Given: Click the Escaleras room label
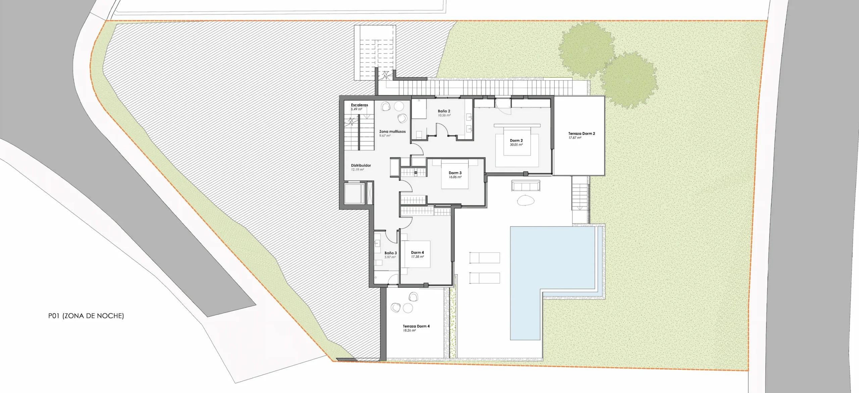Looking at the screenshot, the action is pyautogui.click(x=359, y=105).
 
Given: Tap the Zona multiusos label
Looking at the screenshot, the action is pyautogui.click(x=392, y=131).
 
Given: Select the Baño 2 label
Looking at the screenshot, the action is pyautogui.click(x=444, y=111).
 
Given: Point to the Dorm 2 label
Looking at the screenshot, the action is pyautogui.click(x=516, y=141).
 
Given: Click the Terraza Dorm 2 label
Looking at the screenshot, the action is pyautogui.click(x=582, y=133).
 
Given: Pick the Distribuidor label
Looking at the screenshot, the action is pyautogui.click(x=361, y=165).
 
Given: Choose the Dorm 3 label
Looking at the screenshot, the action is pyautogui.click(x=455, y=173).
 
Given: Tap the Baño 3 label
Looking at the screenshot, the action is pyautogui.click(x=391, y=253).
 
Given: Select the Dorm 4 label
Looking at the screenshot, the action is pyautogui.click(x=417, y=252).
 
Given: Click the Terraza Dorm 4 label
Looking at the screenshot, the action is pyautogui.click(x=416, y=326).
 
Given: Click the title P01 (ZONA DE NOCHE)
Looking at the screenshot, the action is pyautogui.click(x=86, y=316).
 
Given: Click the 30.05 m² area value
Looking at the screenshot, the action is pyautogui.click(x=516, y=145).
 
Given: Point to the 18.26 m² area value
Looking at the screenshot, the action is pyautogui.click(x=409, y=330).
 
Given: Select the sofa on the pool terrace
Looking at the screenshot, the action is pyautogui.click(x=525, y=186).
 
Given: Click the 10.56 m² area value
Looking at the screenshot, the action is pyautogui.click(x=444, y=115).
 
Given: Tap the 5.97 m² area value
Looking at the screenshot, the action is pyautogui.click(x=390, y=257).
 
